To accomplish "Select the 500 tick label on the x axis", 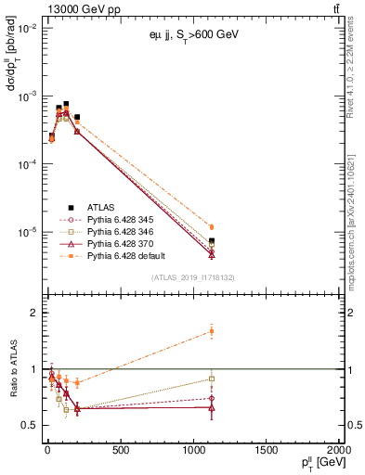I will tap(120, 451).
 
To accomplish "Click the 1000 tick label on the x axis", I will tap(193, 451).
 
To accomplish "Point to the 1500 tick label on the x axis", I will tap(267, 451).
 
